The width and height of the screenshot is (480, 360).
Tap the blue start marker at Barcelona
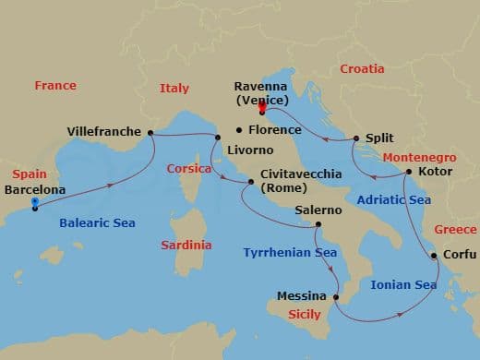pyautogui.click(x=34, y=202)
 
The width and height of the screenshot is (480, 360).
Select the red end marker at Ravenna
pyautogui.click(x=262, y=109)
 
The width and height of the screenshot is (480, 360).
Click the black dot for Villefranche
pyautogui.click(x=150, y=132)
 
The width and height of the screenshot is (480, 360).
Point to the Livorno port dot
pyautogui.click(x=218, y=138)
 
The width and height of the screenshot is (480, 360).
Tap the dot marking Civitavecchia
pyautogui.click(x=249, y=182)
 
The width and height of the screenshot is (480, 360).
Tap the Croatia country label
pyautogui.click(x=362, y=69)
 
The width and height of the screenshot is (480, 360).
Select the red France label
pyautogui.click(x=55, y=86)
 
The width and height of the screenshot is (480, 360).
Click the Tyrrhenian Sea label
pyautogui.click(x=289, y=253)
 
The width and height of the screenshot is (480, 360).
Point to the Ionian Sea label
pyautogui.click(x=403, y=285)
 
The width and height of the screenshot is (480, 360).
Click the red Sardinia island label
pyautogui.click(x=186, y=245)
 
